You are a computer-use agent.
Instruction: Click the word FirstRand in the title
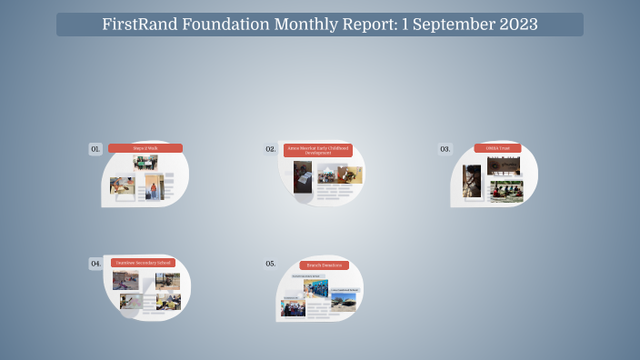(x=139, y=25)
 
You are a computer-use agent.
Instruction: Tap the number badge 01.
(x=95, y=148)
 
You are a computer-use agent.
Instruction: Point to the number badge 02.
(x=270, y=148)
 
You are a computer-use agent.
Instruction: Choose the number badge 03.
(x=445, y=148)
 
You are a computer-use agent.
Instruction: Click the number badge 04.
(x=95, y=264)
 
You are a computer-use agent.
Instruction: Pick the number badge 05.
(x=270, y=264)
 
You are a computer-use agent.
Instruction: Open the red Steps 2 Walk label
(x=145, y=148)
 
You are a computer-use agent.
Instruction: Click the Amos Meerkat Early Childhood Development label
(x=317, y=150)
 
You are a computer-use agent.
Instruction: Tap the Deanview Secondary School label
(x=142, y=263)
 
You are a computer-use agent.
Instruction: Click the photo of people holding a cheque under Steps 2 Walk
(x=145, y=163)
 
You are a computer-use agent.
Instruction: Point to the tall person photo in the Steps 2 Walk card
(x=152, y=187)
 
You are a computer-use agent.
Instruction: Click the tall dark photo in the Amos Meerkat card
(x=303, y=176)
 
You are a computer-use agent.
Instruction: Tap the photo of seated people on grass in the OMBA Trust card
(x=506, y=191)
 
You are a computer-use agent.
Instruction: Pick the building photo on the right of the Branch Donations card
(x=344, y=301)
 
